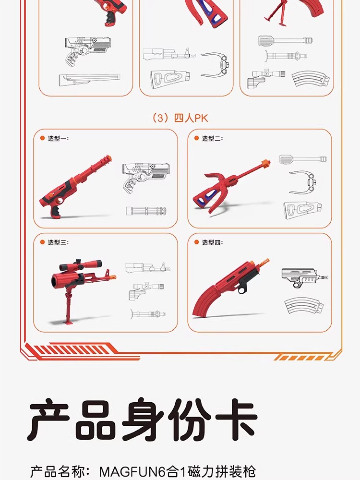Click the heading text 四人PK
pos(191,118)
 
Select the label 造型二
pos(212,138)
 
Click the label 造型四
pos(212,242)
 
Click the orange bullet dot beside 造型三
pos(43,242)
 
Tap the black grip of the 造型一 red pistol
pos(56,211)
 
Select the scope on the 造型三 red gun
pos(81,264)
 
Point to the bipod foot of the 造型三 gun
pos(68,322)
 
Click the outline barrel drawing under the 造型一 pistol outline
pos(146,211)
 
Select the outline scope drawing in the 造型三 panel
pos(146,290)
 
